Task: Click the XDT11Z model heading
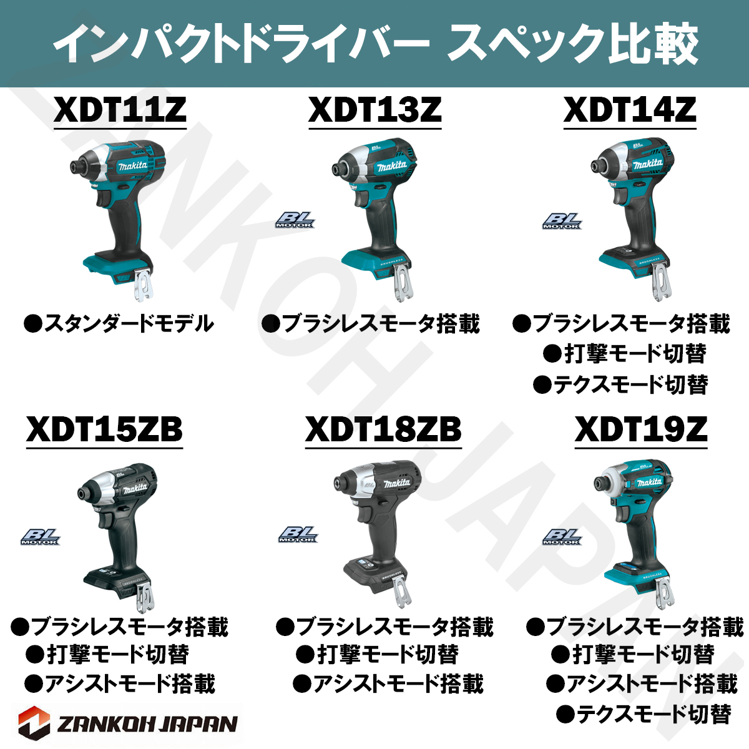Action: coord(120,110)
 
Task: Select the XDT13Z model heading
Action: coord(374,110)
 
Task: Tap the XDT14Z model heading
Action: coord(630,110)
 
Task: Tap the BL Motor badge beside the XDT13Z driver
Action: coord(295,220)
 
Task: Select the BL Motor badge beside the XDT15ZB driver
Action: coord(41,536)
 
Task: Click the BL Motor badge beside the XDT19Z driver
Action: coord(562,536)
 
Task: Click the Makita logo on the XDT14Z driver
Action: coord(647,165)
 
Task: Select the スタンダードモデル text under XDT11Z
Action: coord(119,324)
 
